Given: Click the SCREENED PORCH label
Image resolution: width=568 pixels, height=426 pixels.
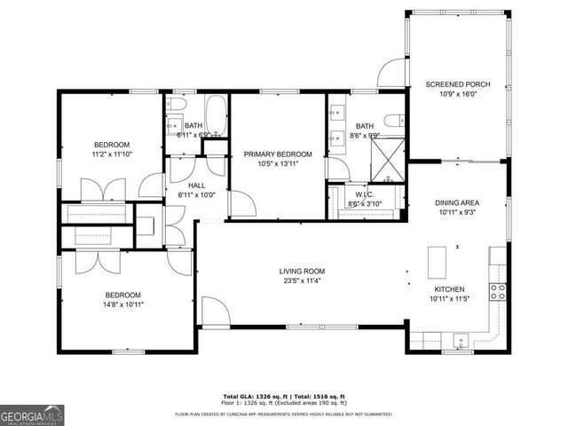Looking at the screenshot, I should (458, 84).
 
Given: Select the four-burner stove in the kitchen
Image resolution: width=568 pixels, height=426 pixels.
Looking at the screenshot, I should (498, 292).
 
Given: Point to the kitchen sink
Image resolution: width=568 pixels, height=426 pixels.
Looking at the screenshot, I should (461, 339).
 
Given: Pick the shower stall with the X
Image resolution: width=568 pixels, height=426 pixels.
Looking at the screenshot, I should (389, 160).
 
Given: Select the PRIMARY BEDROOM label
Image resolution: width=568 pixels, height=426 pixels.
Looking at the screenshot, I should (276, 154).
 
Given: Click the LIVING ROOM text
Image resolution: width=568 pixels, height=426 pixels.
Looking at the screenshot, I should (303, 272).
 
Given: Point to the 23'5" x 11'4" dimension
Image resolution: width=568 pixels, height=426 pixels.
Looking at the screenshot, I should (303, 282).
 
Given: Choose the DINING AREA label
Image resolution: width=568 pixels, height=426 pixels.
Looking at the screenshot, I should (458, 202).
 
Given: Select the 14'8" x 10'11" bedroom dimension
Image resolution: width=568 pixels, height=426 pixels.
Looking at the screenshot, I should (122, 304).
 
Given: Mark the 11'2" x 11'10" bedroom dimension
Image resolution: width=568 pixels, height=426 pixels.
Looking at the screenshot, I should (112, 154).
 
